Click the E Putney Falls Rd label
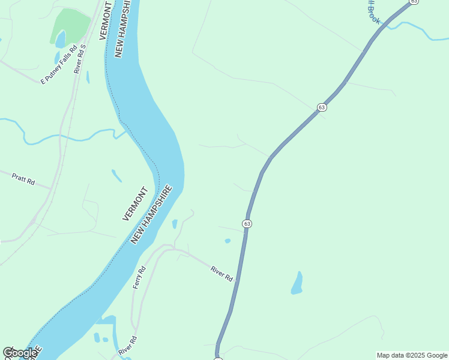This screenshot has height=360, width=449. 59,64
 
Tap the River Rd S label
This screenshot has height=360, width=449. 80,58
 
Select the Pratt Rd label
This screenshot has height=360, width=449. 23,178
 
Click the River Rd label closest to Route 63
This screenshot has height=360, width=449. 222,274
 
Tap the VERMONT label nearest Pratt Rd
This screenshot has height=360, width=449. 135,203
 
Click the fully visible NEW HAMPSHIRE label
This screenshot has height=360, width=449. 151,214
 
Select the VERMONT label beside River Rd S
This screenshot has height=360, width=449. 106,21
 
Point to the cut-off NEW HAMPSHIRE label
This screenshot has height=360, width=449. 122,28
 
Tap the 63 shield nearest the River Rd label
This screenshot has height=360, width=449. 247,223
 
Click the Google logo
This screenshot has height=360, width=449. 20,353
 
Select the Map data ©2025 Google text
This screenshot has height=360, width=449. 412,355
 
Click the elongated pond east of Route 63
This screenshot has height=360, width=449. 297,283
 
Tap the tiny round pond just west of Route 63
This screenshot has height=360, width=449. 228,241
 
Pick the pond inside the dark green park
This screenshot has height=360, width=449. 60,40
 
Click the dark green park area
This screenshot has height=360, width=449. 72,24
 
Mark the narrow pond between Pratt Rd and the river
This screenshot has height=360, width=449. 116,175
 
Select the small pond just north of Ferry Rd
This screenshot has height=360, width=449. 175,224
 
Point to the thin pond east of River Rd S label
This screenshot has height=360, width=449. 88,77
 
